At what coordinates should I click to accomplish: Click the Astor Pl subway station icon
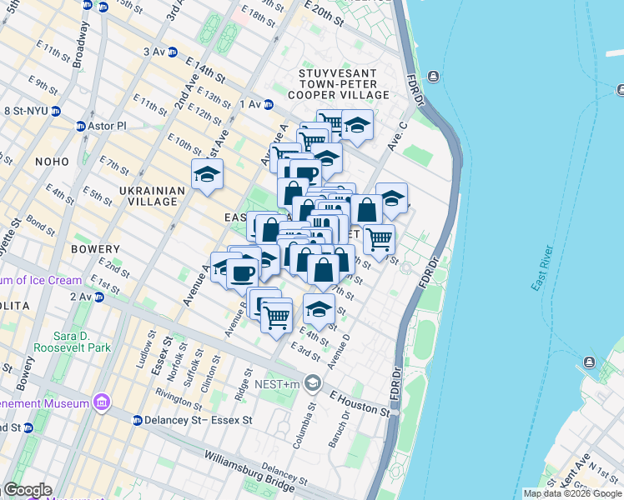coord(81,126)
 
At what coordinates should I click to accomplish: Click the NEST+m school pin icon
coord(313,383)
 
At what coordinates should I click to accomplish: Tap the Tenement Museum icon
coord(102,403)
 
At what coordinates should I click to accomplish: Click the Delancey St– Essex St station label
coord(198,420)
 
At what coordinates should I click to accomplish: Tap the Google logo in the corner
coord(27,490)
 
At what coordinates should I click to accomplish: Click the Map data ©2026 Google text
coord(572,493)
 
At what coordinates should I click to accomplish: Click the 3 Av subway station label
coord(155,52)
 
